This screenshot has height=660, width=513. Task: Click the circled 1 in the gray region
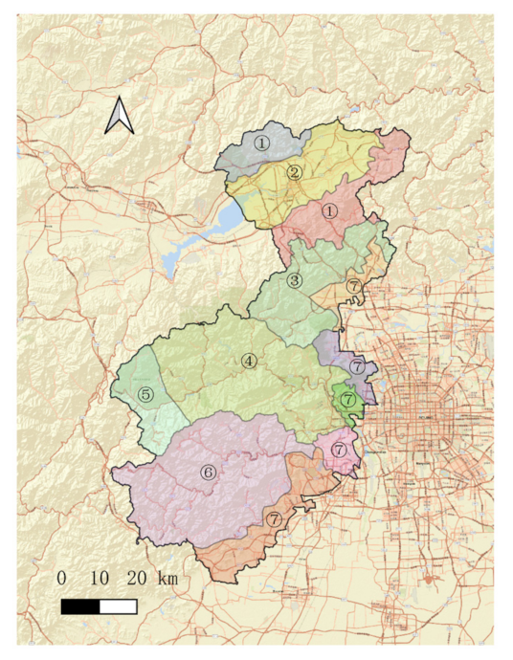pyautogui.click(x=261, y=143)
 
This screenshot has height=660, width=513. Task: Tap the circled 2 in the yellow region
pyautogui.click(x=296, y=173)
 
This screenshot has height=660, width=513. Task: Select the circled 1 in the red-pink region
pyautogui.click(x=330, y=210)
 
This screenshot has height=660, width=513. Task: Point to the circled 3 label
pyautogui.click(x=295, y=280)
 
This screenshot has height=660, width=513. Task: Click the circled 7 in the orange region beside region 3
pyautogui.click(x=354, y=286)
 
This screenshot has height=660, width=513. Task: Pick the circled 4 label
pyautogui.click(x=249, y=361)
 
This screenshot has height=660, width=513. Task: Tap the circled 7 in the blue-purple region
pyautogui.click(x=356, y=366)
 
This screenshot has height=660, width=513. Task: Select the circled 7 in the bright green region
pyautogui.click(x=348, y=398)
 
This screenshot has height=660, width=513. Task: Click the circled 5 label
pyautogui.click(x=145, y=393)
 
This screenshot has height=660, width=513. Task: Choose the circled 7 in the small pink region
pyautogui.click(x=339, y=449)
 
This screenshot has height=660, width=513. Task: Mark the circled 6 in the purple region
pyautogui.click(x=207, y=472)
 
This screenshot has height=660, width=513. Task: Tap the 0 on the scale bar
pyautogui.click(x=61, y=579)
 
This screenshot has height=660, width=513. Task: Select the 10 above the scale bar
pyautogui.click(x=99, y=579)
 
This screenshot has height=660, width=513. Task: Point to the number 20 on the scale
pyautogui.click(x=136, y=579)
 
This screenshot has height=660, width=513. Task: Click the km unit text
pyautogui.click(x=167, y=579)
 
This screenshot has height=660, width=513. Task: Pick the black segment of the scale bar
pyautogui.click(x=79, y=606)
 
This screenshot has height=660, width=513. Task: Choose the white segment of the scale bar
pyautogui.click(x=118, y=606)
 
